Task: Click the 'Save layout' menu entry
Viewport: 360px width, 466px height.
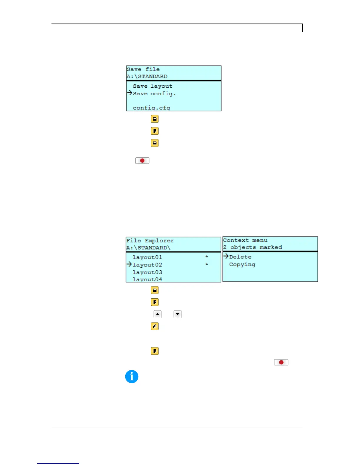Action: (x=153, y=86)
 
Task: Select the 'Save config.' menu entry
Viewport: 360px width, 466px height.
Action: (x=154, y=94)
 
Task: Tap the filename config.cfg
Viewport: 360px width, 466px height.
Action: (x=151, y=108)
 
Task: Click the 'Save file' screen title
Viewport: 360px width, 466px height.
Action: (x=143, y=69)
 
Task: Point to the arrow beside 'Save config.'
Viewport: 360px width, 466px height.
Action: (x=129, y=93)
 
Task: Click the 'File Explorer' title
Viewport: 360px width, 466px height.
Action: (x=150, y=241)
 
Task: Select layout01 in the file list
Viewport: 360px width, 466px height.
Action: (x=147, y=257)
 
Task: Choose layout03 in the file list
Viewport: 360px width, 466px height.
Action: (x=147, y=272)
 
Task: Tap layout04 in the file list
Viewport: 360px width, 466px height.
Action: (x=147, y=279)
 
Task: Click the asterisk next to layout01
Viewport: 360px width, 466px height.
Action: (x=207, y=257)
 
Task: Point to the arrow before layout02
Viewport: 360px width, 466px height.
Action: (x=129, y=264)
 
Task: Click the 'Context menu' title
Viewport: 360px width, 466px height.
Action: (x=245, y=240)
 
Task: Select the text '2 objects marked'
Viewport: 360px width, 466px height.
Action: (x=252, y=247)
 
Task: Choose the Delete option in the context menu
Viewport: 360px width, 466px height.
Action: (x=240, y=257)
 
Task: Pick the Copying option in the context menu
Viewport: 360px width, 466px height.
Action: (x=242, y=264)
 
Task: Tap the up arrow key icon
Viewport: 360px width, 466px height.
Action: (x=158, y=314)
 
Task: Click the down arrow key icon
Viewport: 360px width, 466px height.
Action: (x=178, y=314)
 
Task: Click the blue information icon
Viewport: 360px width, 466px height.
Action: (x=132, y=377)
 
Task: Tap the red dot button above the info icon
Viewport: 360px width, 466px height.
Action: (x=281, y=362)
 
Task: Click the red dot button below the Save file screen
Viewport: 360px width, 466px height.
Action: (x=142, y=161)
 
